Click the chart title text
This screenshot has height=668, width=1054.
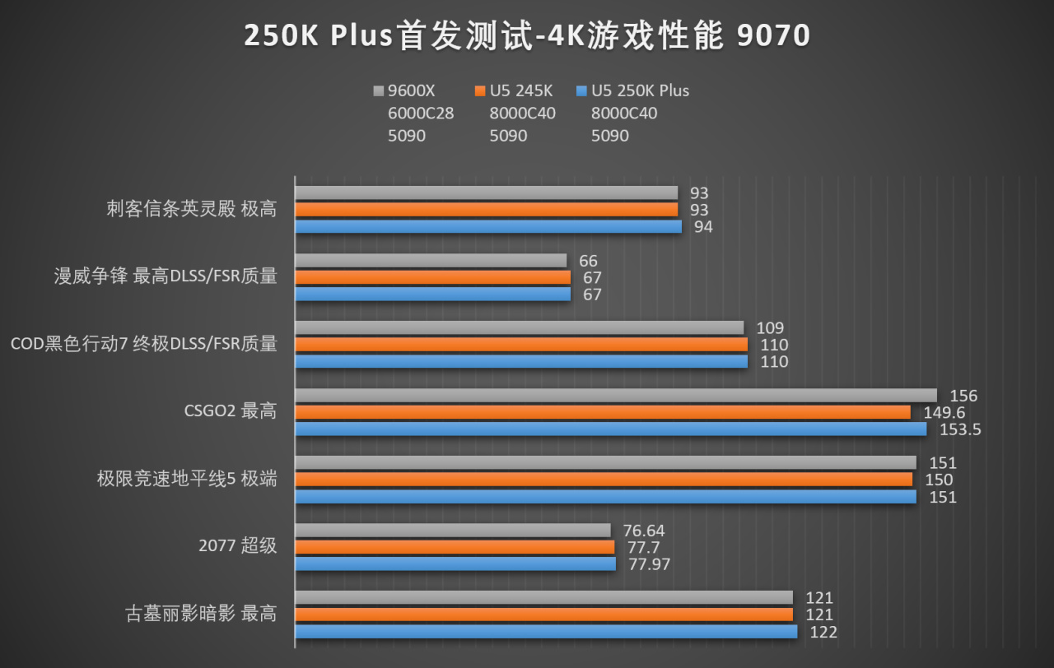click(x=527, y=36)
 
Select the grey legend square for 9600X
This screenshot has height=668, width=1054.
click(x=379, y=90)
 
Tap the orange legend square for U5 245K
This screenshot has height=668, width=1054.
click(x=480, y=90)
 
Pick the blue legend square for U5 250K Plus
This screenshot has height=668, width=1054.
click(x=582, y=90)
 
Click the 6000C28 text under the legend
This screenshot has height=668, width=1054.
click(x=421, y=114)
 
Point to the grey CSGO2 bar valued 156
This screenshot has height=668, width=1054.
click(x=616, y=396)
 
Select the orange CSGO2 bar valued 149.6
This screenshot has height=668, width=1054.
click(x=603, y=412)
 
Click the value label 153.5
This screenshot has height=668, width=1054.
click(x=960, y=429)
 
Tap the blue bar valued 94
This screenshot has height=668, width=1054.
click(x=488, y=226)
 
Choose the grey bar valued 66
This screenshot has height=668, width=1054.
click(x=431, y=261)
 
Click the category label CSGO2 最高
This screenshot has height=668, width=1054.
click(x=231, y=411)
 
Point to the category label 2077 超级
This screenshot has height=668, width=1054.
click(x=238, y=546)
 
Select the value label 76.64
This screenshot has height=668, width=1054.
click(x=643, y=531)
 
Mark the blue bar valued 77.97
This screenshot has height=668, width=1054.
click(x=455, y=564)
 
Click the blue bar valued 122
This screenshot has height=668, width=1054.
click(x=546, y=632)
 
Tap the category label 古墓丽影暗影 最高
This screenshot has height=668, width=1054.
click(x=200, y=614)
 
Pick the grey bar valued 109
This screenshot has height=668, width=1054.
click(x=519, y=328)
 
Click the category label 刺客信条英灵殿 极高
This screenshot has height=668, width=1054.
click(x=192, y=209)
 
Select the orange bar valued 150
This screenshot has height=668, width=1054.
click(x=604, y=480)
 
